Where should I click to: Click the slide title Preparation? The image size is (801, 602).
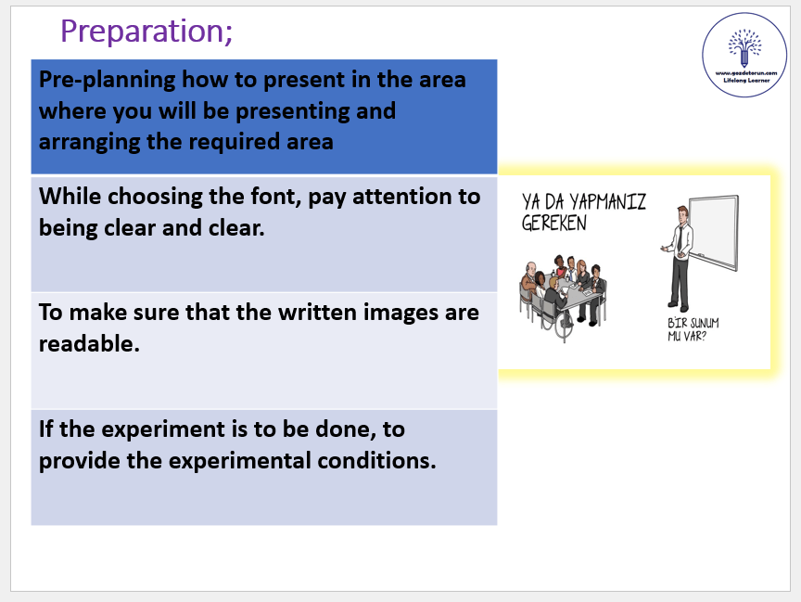pyautogui.click(x=146, y=32)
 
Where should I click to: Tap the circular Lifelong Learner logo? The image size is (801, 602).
pyautogui.click(x=744, y=55)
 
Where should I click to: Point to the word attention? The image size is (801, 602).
pyautogui.click(x=416, y=197)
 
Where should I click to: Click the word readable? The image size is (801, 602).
pyautogui.click(x=89, y=343)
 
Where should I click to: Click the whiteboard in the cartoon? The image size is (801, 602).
pyautogui.click(x=714, y=233)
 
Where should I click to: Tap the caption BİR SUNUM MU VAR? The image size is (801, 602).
pyautogui.click(x=693, y=329)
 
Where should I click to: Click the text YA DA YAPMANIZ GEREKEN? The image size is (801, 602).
pyautogui.click(x=583, y=212)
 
